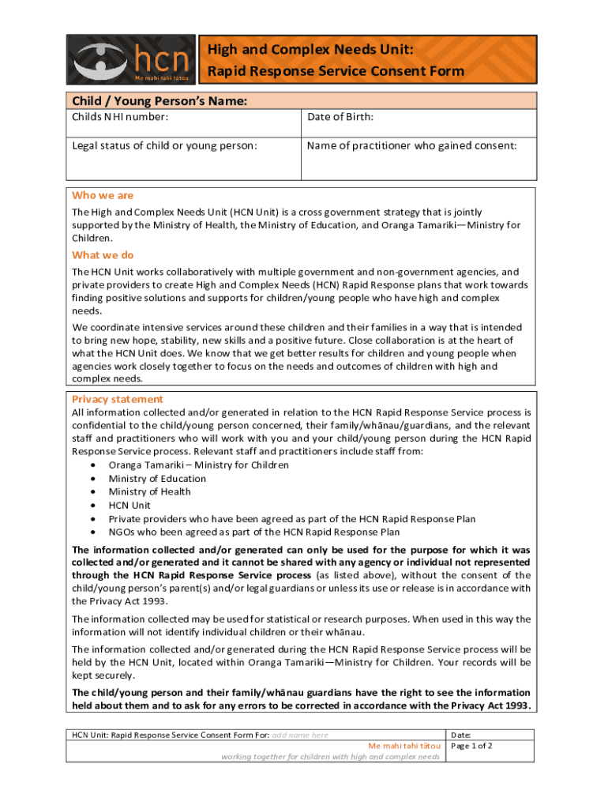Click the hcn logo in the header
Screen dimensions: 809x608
tap(131, 60)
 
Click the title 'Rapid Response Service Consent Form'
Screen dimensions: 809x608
tap(336, 72)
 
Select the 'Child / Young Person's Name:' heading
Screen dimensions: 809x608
tap(160, 101)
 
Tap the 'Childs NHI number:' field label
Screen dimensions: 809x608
tap(120, 118)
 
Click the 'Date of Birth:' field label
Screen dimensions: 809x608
tap(340, 118)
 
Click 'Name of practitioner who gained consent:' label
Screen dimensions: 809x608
tap(412, 146)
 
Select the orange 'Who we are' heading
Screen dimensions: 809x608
tap(103, 195)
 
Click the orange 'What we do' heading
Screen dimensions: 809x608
tap(103, 255)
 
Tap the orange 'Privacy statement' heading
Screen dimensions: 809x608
tap(118, 399)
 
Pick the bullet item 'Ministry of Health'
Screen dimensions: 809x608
tap(149, 491)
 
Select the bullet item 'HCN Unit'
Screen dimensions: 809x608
tap(129, 505)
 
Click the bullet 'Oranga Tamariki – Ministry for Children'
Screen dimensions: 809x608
tap(198, 465)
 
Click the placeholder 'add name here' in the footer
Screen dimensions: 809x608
tap(300, 735)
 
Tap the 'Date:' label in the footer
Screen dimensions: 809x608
tap(460, 735)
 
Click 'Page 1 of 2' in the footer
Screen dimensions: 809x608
tap(471, 746)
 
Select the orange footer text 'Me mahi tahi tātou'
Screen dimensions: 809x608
tap(404, 746)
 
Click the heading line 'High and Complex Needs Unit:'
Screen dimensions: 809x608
tap(310, 51)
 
